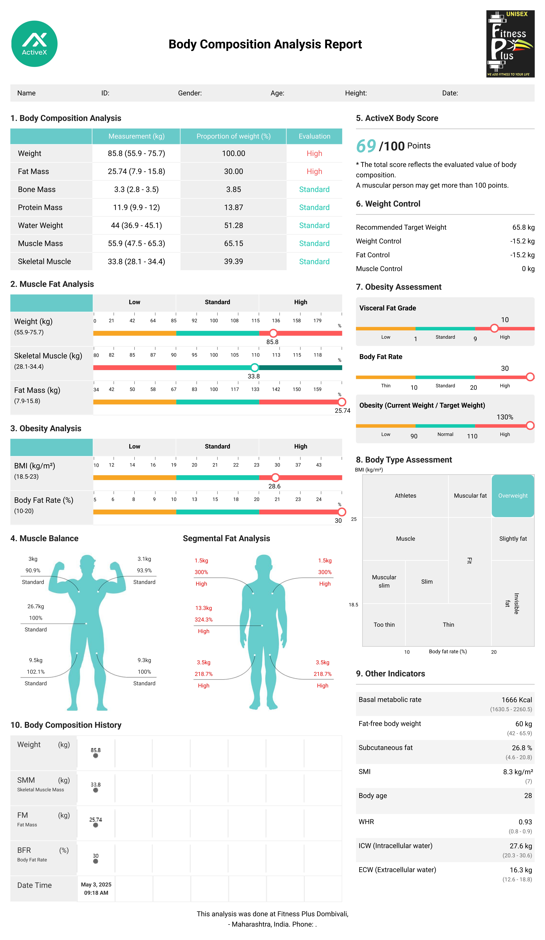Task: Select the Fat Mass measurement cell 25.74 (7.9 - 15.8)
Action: (136, 172)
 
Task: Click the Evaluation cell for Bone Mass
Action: (314, 189)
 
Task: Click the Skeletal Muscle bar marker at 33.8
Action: (254, 367)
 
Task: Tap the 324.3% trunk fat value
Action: (204, 620)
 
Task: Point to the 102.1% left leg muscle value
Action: (36, 672)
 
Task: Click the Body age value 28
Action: (528, 796)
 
